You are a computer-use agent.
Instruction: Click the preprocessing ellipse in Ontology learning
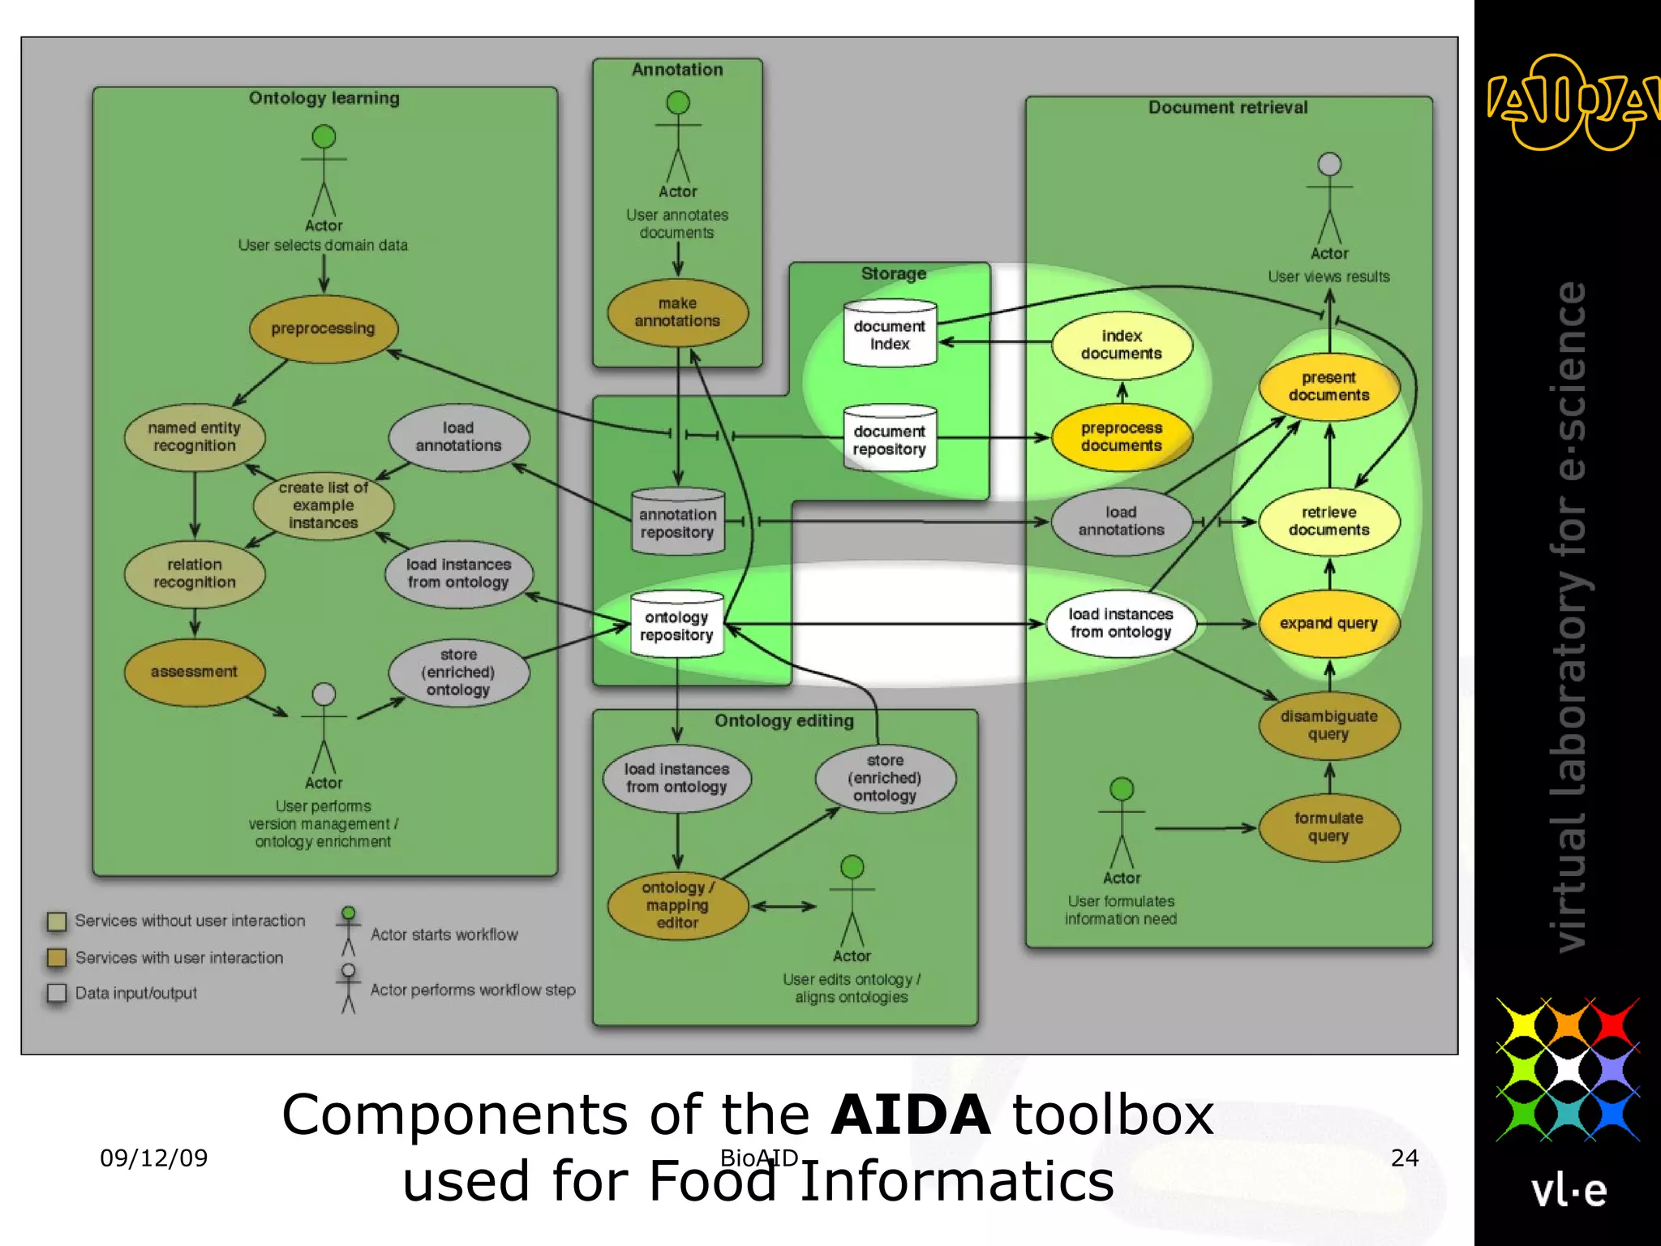pyautogui.click(x=323, y=329)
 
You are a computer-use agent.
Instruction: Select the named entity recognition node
pyautogui.click(x=194, y=437)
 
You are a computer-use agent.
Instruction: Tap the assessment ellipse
pyautogui.click(x=194, y=672)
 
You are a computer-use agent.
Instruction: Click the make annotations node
pyautogui.click(x=677, y=312)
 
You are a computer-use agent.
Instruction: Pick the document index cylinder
pyautogui.click(x=890, y=334)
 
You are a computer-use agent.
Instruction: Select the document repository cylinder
pyautogui.click(x=890, y=439)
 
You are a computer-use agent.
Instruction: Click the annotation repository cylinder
pyautogui.click(x=677, y=522)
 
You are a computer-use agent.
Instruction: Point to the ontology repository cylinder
pyautogui.click(x=676, y=625)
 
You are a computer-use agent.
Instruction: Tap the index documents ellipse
pyautogui.click(x=1122, y=345)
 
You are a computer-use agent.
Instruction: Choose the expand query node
pyautogui.click(x=1328, y=623)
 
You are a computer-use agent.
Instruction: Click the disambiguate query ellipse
pyautogui.click(x=1328, y=725)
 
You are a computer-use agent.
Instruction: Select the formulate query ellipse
pyautogui.click(x=1328, y=827)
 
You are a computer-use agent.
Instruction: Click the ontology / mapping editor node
pyautogui.click(x=677, y=905)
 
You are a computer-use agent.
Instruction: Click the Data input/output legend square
pyautogui.click(x=57, y=993)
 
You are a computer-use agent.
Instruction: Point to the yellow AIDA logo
pyautogui.click(x=1567, y=103)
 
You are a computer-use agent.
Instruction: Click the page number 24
pyautogui.click(x=1405, y=1158)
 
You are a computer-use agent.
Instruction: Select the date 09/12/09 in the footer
pyautogui.click(x=153, y=1158)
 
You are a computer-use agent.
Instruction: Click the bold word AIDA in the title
pyautogui.click(x=910, y=1115)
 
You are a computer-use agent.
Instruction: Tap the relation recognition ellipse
pyautogui.click(x=194, y=574)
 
